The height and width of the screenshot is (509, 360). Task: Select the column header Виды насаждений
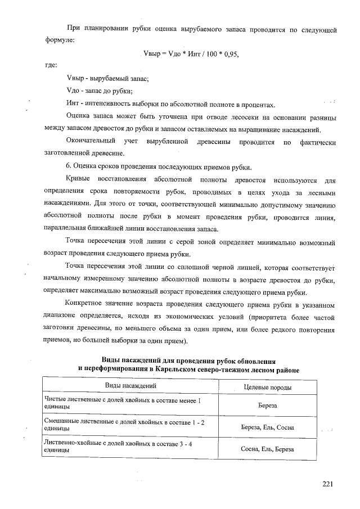click(x=131, y=385)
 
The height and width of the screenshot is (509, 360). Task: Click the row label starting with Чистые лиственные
click(x=123, y=402)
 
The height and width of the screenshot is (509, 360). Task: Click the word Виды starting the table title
click(x=111, y=360)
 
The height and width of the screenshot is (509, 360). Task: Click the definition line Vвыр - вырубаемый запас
click(x=107, y=79)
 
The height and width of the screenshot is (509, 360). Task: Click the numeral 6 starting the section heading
click(x=68, y=166)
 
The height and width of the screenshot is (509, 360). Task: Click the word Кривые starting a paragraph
click(x=78, y=181)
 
